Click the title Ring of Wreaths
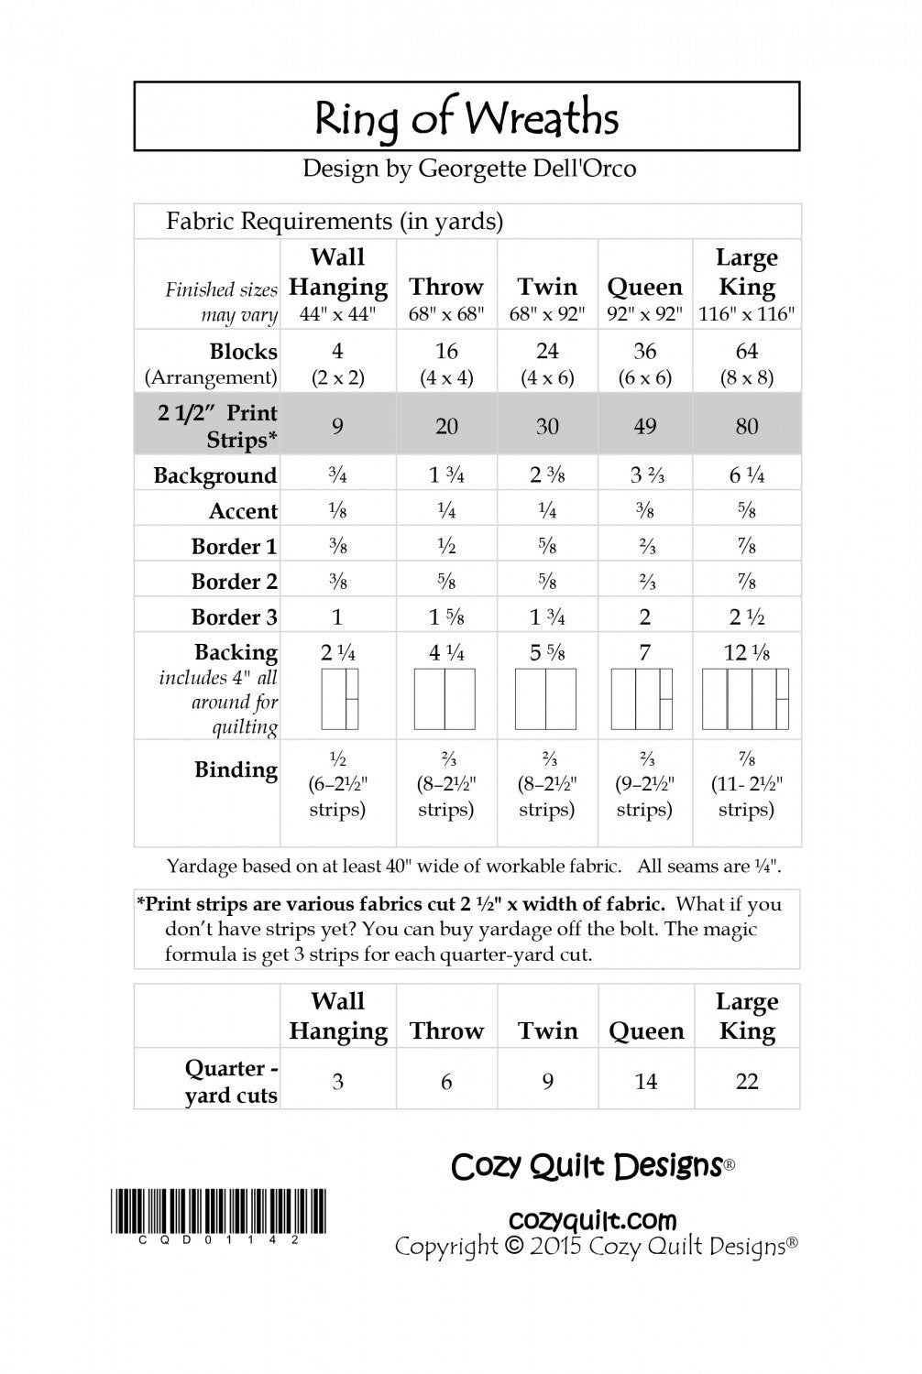[x=466, y=119]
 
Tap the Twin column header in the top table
[x=547, y=287]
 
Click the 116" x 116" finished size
[x=746, y=314]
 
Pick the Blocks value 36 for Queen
[x=644, y=351]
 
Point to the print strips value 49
[x=644, y=426]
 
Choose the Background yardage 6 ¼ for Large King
[x=746, y=475]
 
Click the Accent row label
[x=243, y=511]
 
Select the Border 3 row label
[x=234, y=616]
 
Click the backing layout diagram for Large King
[x=745, y=698]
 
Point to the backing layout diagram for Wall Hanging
[x=339, y=698]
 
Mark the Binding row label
[x=236, y=769]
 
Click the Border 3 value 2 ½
[x=747, y=617]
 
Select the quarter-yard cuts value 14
[x=645, y=1082]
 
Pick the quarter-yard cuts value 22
[x=747, y=1082]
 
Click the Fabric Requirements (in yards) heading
[x=335, y=221]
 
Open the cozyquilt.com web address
[x=592, y=1220]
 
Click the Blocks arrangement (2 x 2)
[x=337, y=377]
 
